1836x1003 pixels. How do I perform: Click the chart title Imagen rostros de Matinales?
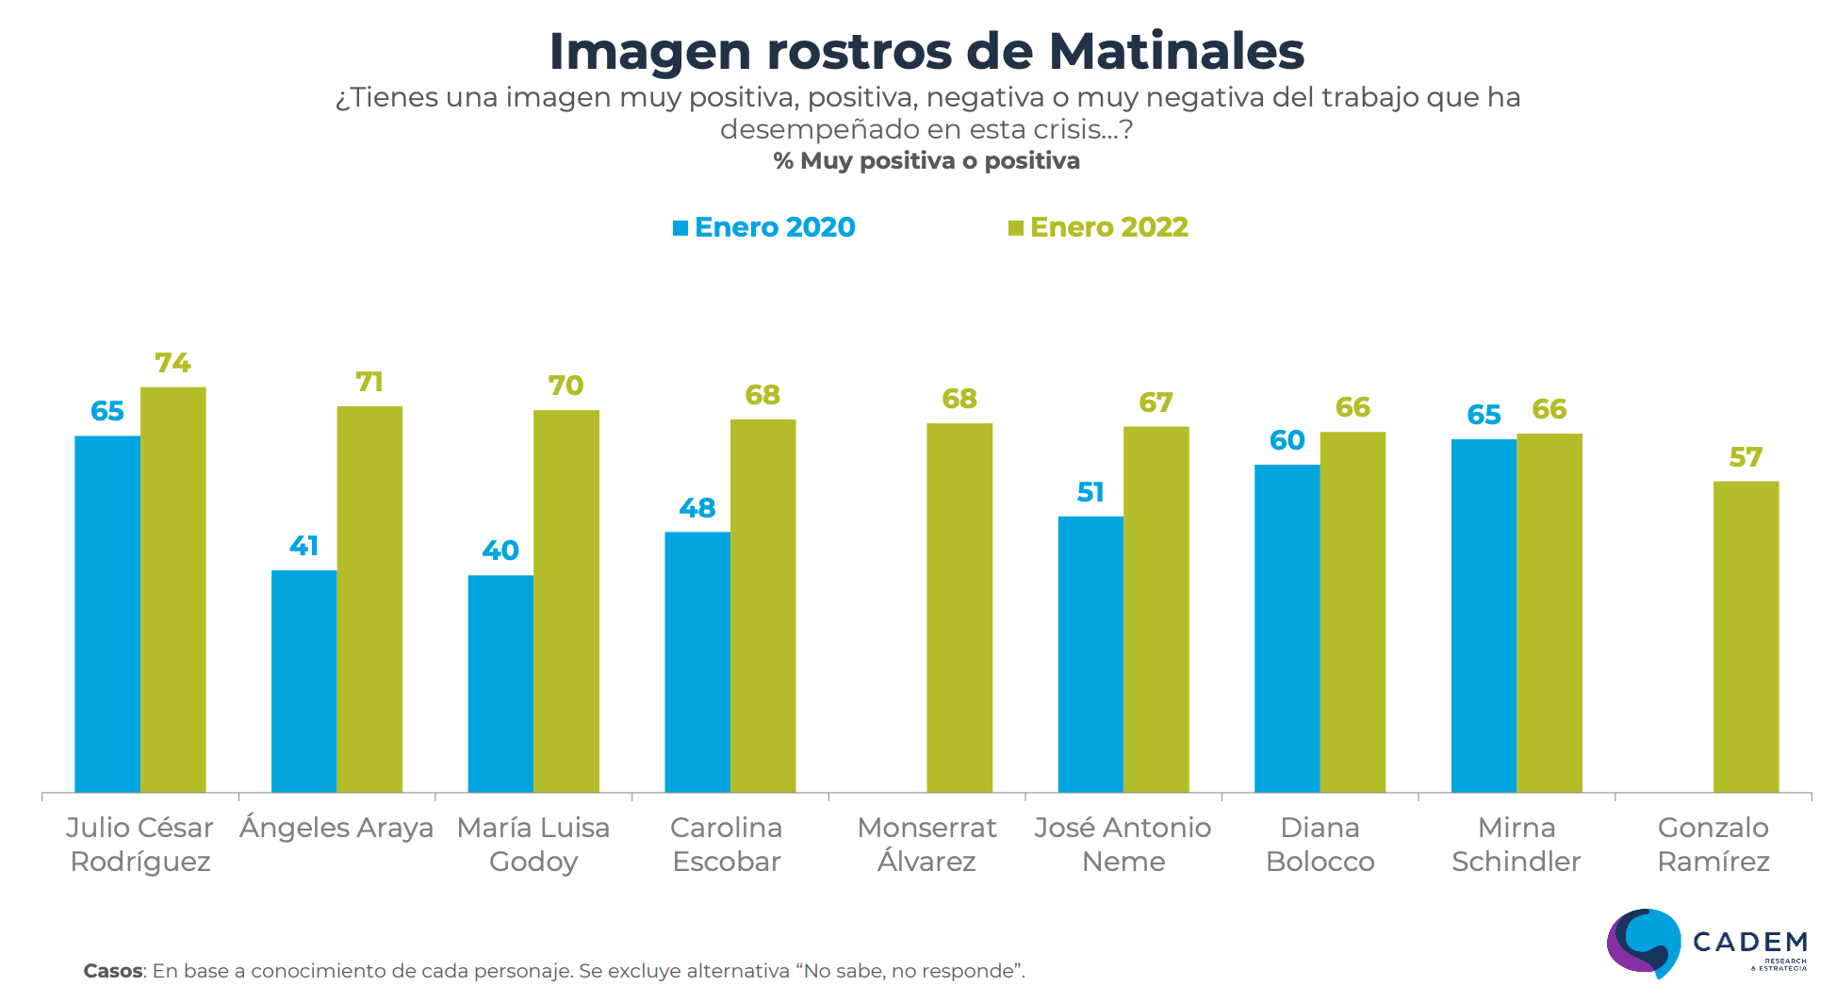click(926, 51)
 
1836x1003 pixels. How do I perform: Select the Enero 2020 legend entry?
click(764, 227)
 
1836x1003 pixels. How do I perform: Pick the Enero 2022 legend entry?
click(1099, 227)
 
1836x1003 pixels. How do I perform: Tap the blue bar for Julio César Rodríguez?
click(107, 613)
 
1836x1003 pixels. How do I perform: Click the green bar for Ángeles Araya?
click(369, 599)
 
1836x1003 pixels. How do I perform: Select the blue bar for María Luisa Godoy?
click(500, 683)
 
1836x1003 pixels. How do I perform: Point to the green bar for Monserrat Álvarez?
click(959, 607)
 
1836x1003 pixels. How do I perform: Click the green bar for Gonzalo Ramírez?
click(1746, 636)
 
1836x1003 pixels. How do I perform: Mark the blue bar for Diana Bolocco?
click(1287, 628)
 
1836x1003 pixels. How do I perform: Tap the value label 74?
click(172, 363)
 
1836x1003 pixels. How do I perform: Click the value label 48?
click(697, 508)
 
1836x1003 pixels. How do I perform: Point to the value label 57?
click(1746, 457)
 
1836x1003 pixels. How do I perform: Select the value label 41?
click(303, 546)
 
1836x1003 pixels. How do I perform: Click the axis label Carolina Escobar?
click(727, 844)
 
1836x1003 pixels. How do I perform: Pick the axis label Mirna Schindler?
click(1516, 844)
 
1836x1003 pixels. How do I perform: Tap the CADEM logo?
click(1707, 943)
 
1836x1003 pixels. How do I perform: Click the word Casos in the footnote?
click(113, 971)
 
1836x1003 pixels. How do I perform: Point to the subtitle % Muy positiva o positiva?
click(926, 161)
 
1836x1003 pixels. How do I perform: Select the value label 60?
click(1287, 440)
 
